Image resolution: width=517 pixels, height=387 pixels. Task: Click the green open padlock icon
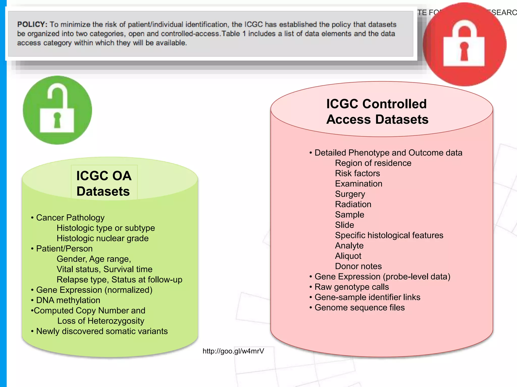[57, 110]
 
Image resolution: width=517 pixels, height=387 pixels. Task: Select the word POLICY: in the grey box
[32, 24]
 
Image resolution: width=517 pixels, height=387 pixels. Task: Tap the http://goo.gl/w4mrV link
[233, 351]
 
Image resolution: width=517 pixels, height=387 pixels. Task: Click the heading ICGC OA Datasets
[104, 183]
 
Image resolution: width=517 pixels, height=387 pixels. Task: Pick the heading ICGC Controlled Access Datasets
[377, 111]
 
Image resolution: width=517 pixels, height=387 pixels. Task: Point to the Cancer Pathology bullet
[70, 217]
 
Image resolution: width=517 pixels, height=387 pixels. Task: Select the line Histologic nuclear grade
[102, 238]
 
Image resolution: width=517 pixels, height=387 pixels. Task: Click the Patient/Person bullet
[64, 248]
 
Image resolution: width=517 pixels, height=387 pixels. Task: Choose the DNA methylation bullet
[68, 300]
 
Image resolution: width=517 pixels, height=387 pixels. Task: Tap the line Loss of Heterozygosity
[101, 321]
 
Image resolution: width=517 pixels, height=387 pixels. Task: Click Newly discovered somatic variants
[102, 331]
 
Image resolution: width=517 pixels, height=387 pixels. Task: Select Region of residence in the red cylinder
[373, 163]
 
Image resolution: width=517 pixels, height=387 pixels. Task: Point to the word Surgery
[350, 194]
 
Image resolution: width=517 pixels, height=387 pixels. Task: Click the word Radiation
[353, 204]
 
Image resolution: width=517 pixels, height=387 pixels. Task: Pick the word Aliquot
[348, 256]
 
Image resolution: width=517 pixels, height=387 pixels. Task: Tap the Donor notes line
[358, 266]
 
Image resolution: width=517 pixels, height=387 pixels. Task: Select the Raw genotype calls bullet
[351, 287]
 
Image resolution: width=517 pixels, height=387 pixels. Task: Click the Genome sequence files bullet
[359, 307]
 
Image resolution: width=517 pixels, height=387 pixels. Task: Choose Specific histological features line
[389, 235]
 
